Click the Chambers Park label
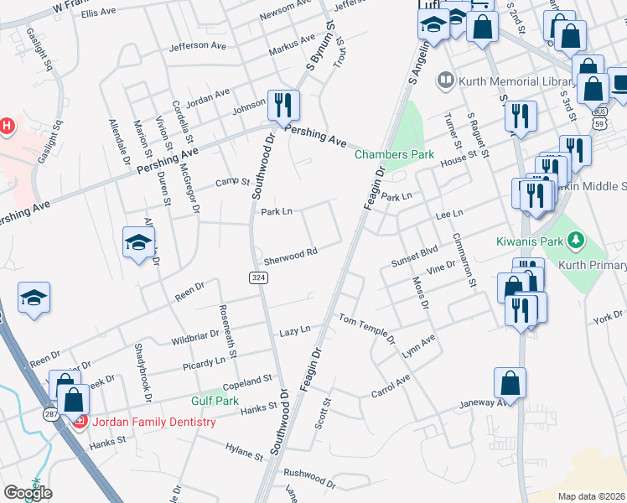[394, 154]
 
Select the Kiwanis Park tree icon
[575, 242]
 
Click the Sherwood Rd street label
[290, 252]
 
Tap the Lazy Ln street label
[294, 331]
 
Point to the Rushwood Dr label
[309, 474]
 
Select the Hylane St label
[245, 452]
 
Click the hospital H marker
[7, 127]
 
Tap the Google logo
[28, 493]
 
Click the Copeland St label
[249, 381]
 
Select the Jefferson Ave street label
[199, 46]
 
